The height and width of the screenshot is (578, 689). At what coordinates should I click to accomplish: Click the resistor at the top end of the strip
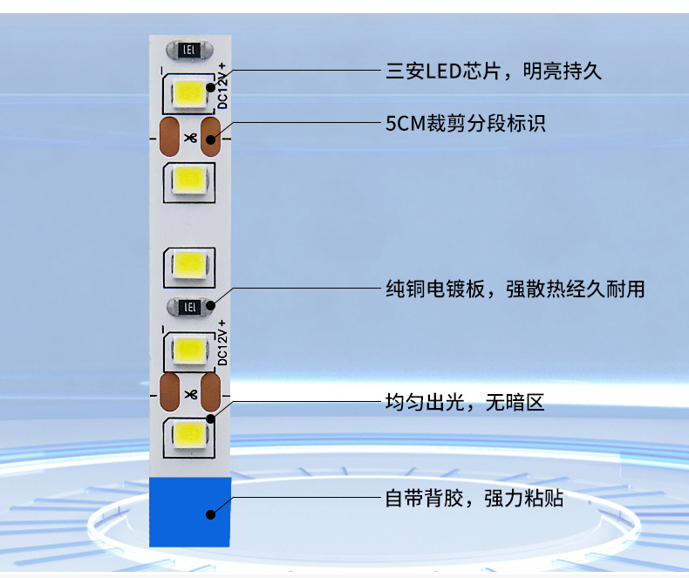(188, 51)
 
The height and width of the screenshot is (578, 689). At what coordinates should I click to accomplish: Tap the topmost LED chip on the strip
(188, 92)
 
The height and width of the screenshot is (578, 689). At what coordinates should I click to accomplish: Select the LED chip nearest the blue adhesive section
(188, 432)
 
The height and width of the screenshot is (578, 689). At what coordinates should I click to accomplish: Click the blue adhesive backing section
(190, 512)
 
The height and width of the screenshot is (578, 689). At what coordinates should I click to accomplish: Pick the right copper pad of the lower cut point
(211, 393)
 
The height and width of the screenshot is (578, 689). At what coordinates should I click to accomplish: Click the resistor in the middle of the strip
(188, 306)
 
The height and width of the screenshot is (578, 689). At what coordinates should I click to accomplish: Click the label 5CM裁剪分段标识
(466, 123)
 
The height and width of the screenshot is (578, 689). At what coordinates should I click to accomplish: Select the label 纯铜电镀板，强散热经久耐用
(515, 289)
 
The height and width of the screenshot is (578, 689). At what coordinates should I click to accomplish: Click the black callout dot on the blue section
(210, 514)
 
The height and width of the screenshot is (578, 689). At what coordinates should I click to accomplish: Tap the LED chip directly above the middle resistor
(188, 263)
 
